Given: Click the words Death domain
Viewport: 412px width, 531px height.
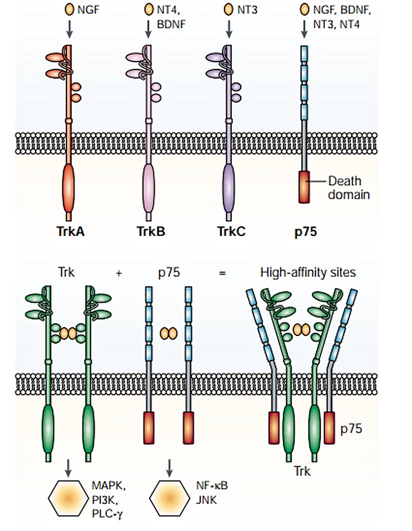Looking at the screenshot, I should pyautogui.click(x=349, y=187).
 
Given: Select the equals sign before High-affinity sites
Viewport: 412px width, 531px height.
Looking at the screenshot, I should pyautogui.click(x=223, y=273).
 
